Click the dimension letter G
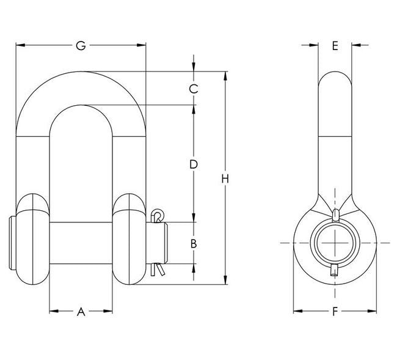[80, 46]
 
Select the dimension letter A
[81, 312]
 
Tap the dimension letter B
[193, 243]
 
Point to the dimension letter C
[193, 89]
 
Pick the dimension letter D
[193, 164]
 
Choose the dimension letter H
[225, 178]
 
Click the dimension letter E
[335, 46]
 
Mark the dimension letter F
[335, 312]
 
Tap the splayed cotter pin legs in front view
[158, 268]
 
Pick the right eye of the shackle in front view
[129, 240]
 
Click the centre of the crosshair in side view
[334, 243]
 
